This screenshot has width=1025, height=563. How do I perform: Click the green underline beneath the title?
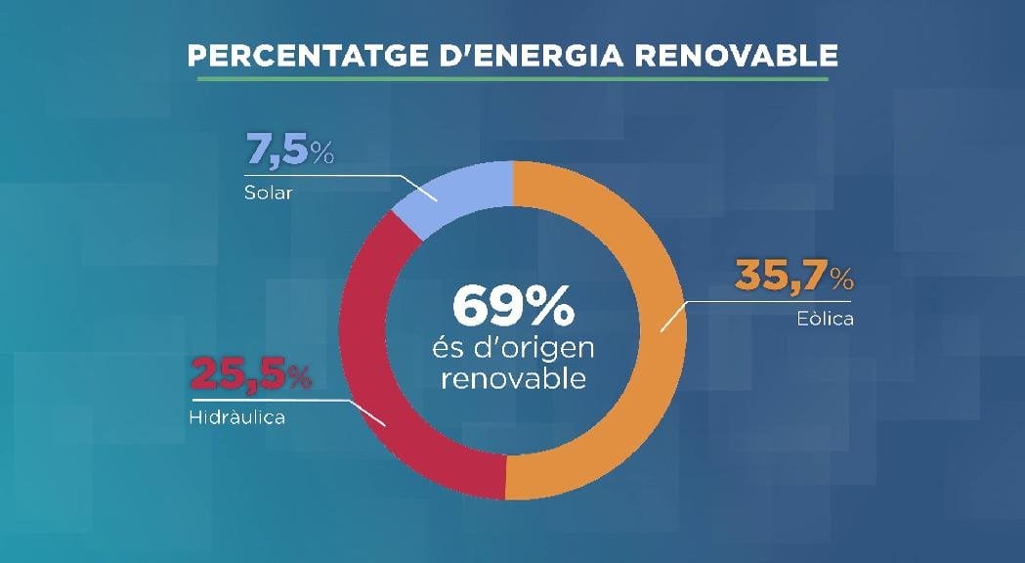click(x=512, y=78)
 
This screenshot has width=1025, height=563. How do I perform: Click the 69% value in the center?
click(x=512, y=308)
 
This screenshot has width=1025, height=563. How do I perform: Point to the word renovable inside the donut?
click(x=512, y=377)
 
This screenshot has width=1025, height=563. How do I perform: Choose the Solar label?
click(x=268, y=193)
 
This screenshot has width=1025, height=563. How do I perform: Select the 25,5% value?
click(x=249, y=374)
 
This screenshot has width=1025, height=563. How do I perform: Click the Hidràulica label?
click(x=235, y=417)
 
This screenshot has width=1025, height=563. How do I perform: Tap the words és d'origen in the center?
click(x=512, y=348)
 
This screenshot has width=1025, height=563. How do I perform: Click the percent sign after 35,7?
click(x=841, y=281)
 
